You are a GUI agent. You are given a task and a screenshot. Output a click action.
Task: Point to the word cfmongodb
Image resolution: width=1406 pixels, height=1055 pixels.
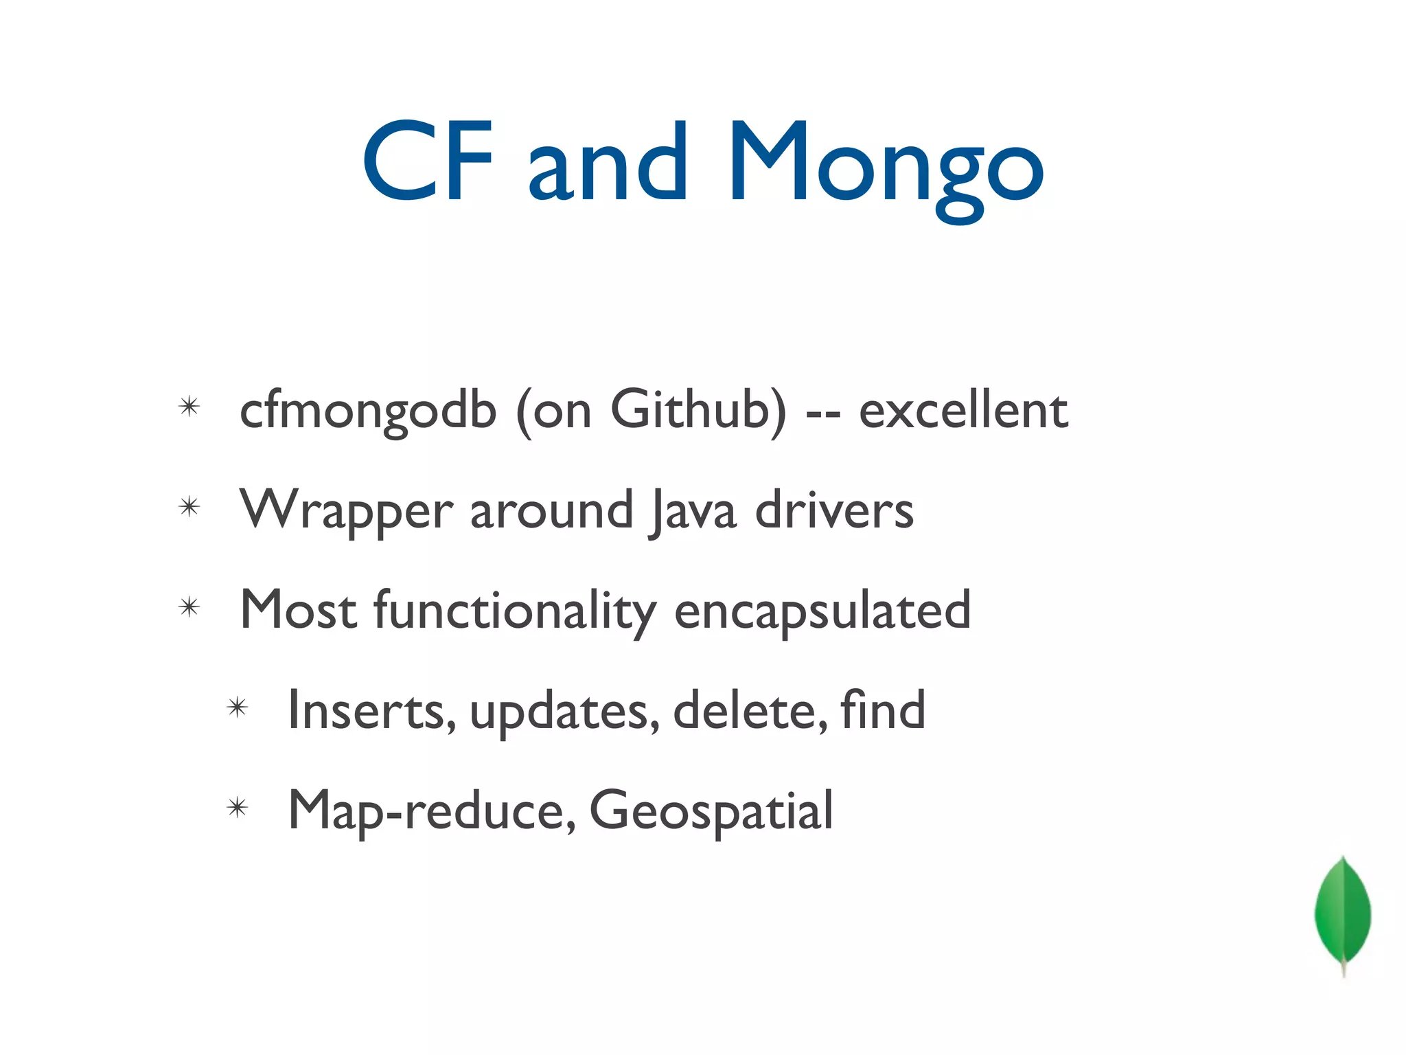click(x=368, y=411)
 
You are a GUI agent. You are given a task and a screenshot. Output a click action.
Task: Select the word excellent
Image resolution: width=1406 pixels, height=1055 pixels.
click(x=963, y=411)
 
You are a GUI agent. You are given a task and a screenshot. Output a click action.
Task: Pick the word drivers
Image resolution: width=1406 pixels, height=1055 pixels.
click(x=834, y=510)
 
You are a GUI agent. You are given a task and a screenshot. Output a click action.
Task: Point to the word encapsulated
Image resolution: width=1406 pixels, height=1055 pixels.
click(x=822, y=611)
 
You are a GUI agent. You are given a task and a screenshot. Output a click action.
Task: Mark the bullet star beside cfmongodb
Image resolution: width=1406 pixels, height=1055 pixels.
click(x=189, y=407)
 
